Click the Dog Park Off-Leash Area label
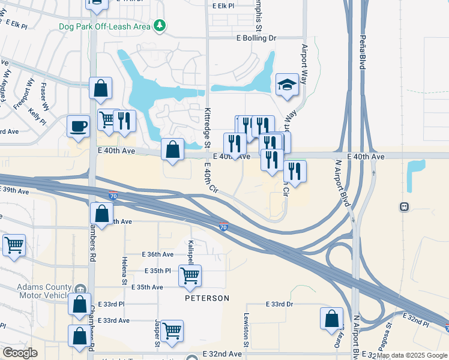(105, 26)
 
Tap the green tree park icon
(159, 25)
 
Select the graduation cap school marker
(287, 85)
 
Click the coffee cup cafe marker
(79, 127)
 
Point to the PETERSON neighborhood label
(206, 298)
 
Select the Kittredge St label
(207, 127)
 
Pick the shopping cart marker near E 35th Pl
(190, 276)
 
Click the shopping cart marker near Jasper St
(172, 330)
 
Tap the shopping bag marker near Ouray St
(331, 319)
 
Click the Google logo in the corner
(20, 353)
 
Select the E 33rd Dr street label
(280, 305)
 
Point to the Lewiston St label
(246, 329)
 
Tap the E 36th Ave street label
(158, 254)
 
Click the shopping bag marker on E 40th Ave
(173, 150)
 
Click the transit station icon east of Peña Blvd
(405, 207)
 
